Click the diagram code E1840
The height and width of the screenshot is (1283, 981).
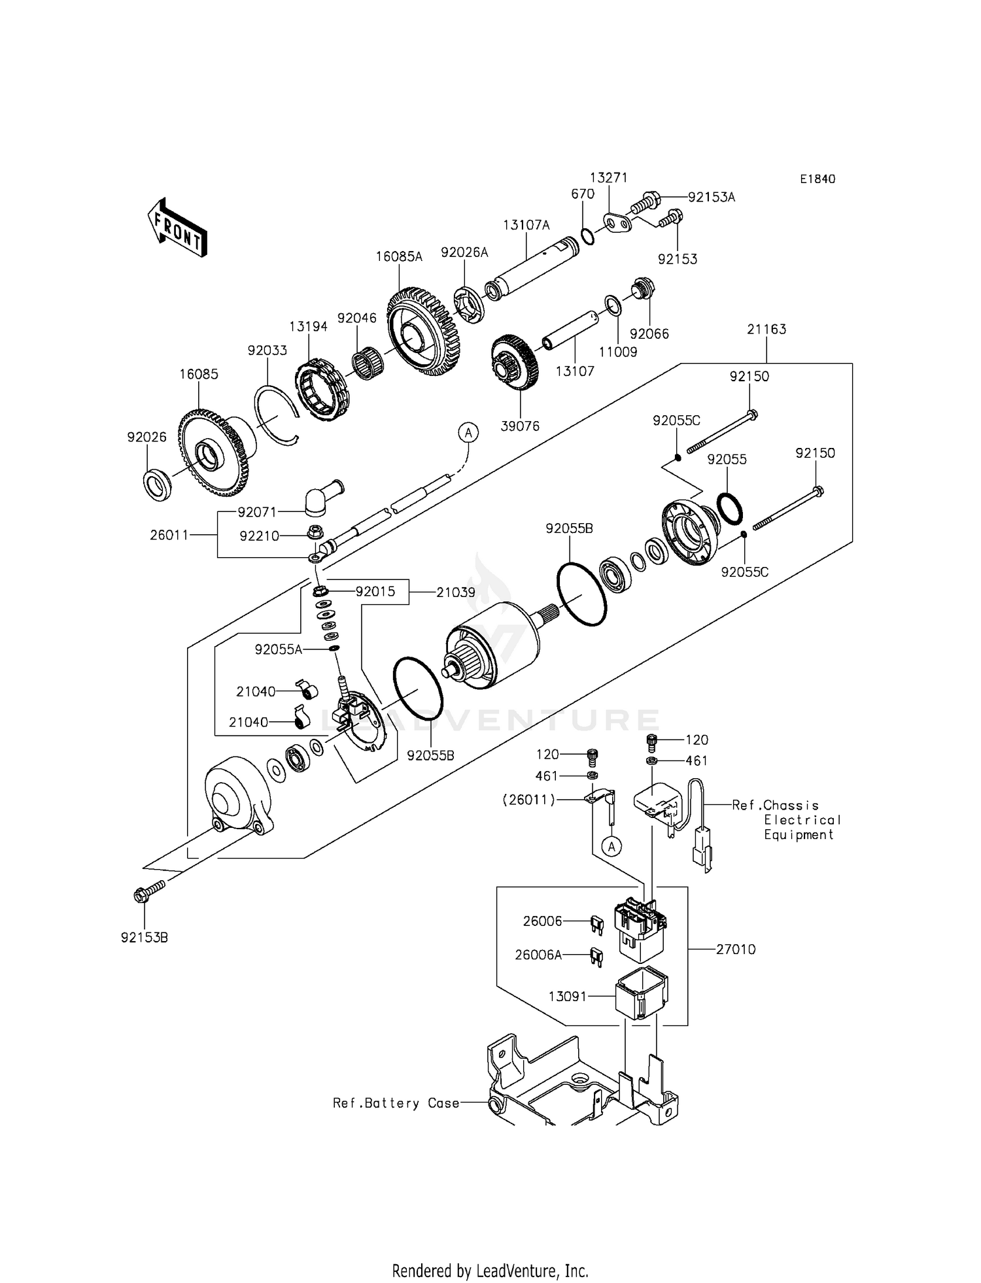817,179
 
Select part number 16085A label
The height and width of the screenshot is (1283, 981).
399,257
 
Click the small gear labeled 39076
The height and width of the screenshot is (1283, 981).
515,363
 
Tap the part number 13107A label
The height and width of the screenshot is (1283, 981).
526,225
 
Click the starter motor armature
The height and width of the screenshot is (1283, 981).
490,644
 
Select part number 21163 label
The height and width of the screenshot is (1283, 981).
766,329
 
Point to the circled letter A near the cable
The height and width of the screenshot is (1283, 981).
468,432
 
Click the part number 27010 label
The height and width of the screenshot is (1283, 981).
736,949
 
